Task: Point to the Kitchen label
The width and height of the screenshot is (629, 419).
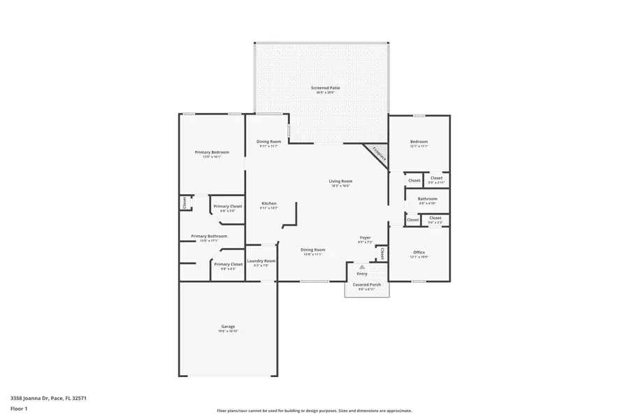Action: (269, 205)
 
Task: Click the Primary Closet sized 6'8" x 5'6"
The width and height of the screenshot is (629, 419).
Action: (228, 207)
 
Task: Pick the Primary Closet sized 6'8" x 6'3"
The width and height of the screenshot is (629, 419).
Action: (228, 265)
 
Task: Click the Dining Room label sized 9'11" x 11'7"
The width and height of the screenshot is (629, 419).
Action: (269, 143)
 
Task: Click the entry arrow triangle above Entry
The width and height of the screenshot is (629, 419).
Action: (362, 267)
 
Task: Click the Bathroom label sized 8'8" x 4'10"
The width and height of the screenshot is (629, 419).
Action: (427, 200)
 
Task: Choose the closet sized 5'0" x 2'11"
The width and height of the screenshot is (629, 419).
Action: (436, 179)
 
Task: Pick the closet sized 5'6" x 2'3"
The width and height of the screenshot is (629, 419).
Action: (435, 219)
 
